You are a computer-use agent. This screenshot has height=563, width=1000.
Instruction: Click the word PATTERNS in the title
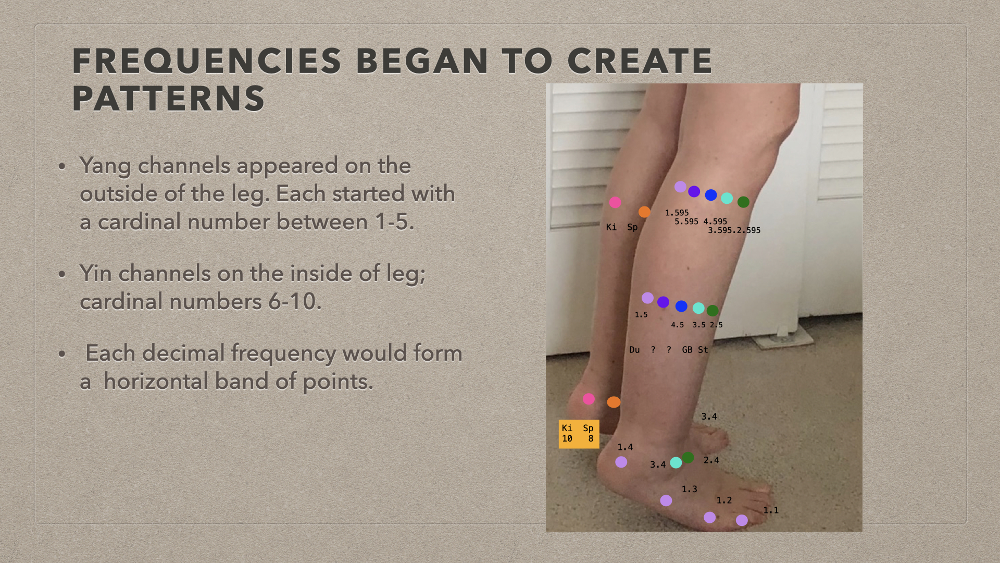click(x=169, y=99)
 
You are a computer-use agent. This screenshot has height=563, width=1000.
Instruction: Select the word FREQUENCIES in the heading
click(x=207, y=61)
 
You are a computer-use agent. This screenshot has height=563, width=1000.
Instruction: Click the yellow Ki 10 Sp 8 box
click(x=579, y=434)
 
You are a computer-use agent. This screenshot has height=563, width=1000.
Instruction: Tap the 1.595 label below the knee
click(x=677, y=213)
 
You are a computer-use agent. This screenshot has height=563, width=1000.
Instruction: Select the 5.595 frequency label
click(x=686, y=222)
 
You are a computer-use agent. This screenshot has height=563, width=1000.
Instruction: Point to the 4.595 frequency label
click(x=715, y=222)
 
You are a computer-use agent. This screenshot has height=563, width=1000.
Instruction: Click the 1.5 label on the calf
click(x=641, y=315)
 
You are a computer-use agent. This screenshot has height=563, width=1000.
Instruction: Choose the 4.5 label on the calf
click(x=677, y=325)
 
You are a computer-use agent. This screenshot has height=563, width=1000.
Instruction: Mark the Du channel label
click(x=634, y=350)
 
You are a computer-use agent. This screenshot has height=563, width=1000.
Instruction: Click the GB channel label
click(x=687, y=350)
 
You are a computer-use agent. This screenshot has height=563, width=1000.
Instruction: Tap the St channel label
click(x=703, y=350)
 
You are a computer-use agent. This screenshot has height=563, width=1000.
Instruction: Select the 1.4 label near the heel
click(x=625, y=447)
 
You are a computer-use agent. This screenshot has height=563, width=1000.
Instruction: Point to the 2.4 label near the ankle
click(x=711, y=460)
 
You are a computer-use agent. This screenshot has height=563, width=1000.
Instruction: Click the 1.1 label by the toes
click(x=771, y=510)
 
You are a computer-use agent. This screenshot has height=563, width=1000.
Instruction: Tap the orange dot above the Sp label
click(x=644, y=212)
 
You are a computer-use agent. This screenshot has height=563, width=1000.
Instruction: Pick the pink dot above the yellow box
click(x=589, y=399)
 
